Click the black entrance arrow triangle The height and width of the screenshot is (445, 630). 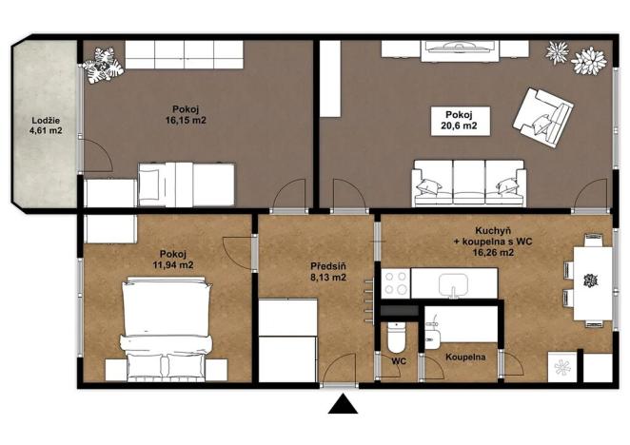pos(343,405)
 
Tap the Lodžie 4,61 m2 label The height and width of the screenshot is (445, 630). pos(46,125)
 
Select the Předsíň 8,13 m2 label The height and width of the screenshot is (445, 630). pos(328,272)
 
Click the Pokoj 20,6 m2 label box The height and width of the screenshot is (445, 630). pos(460,121)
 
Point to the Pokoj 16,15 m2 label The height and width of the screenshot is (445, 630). pos(186,114)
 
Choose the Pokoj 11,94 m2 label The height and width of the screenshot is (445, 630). pos(173,260)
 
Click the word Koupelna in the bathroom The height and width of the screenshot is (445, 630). pos(465,357)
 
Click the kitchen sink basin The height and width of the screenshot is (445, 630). pos(454,283)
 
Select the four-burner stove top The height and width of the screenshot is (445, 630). pos(396,283)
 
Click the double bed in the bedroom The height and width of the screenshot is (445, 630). pos(167,328)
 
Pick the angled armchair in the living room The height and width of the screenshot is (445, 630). pos(542,118)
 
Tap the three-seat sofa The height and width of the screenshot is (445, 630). pos(469,184)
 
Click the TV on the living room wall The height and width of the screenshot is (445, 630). pos(460,47)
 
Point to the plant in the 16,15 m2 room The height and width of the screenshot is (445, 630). pos(103,65)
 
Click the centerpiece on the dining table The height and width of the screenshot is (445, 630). pos(591,281)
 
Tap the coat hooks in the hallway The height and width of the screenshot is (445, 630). pos(369,301)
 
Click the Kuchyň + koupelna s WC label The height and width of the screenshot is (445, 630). pos(494,242)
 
